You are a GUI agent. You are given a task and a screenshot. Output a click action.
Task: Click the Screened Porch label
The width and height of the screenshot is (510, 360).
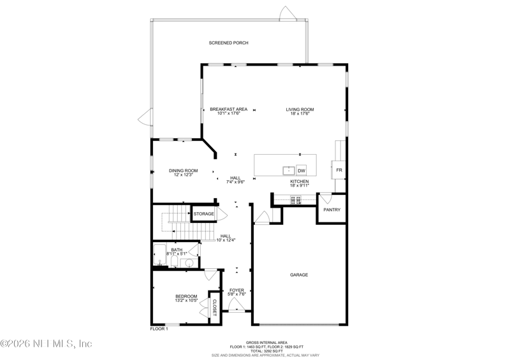228,43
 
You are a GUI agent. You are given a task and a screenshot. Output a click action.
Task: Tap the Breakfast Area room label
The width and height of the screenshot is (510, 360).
228,109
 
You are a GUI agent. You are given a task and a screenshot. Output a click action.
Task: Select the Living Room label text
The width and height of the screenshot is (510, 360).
300,109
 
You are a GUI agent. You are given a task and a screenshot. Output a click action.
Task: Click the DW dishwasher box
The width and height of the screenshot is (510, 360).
302,171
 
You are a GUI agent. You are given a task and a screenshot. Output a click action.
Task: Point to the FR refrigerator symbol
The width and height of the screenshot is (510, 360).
340,171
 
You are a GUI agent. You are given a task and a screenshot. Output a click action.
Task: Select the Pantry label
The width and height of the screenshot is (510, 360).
331,210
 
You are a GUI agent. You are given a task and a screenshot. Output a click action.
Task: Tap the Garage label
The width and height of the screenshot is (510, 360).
299,275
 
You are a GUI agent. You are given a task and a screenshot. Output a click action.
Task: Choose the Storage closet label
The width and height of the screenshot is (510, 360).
204,213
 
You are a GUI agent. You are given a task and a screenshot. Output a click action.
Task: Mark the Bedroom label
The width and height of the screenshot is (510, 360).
186,296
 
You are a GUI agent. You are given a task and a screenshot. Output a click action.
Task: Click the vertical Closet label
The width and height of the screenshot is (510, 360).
215,307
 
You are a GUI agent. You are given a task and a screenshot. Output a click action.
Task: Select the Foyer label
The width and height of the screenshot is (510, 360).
237,290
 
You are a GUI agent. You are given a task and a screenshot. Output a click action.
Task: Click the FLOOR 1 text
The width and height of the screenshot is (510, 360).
159,329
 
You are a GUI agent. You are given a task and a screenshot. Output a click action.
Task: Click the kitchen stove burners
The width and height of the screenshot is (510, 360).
296,200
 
